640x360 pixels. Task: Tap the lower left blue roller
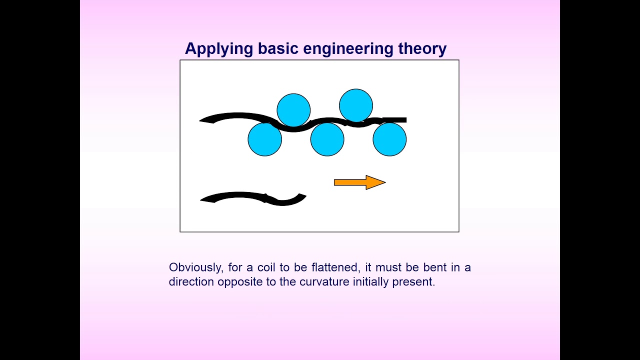point(265,139)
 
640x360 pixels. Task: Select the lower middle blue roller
point(327,139)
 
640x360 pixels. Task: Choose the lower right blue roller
point(389,139)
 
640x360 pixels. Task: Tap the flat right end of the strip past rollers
point(400,120)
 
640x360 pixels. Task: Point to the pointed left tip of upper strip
point(201,120)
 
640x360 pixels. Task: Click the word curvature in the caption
point(324,281)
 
